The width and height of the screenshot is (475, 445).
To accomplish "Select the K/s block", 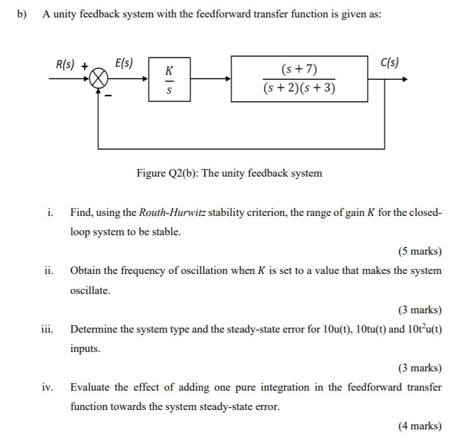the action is pos(168,80).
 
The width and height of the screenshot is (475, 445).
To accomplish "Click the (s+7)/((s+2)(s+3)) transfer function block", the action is pos(299,79).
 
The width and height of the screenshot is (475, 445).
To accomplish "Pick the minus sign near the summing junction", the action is pos(109,96).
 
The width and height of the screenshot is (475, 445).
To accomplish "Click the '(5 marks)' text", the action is pos(419,252).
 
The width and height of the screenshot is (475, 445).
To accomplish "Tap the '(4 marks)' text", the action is pos(419,426).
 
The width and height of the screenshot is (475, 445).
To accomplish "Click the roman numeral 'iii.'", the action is pos(48,329).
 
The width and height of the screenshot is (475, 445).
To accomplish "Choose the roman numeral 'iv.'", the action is pos(48,388).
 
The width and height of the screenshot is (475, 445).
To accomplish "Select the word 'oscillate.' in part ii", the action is pos(91,290).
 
